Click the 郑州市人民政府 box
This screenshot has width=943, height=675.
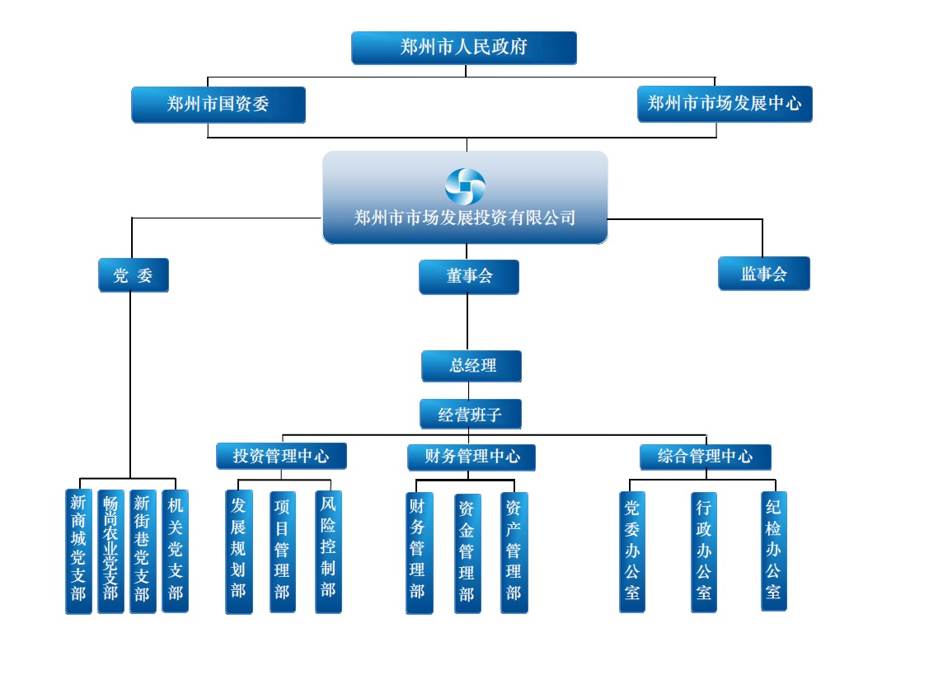[x=463, y=48]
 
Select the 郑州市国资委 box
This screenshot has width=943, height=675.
[x=218, y=105]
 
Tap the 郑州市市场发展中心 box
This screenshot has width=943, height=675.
[x=725, y=104]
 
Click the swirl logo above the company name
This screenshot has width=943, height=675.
[x=465, y=186]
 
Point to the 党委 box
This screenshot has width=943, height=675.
[x=134, y=275]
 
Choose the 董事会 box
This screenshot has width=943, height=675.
[x=469, y=277]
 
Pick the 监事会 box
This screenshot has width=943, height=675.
[x=763, y=274]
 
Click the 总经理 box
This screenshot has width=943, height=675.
[x=471, y=366]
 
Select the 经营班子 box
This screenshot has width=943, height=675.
[x=471, y=414]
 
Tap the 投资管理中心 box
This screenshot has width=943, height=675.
[x=281, y=456]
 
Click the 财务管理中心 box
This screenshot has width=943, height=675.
[x=471, y=457]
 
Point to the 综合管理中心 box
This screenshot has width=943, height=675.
[x=705, y=457]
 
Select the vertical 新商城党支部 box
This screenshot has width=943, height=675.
[x=79, y=551]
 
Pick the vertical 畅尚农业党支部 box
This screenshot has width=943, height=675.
[x=110, y=551]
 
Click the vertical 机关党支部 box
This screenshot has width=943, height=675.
[x=175, y=551]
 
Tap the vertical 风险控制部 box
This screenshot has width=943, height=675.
[x=328, y=551]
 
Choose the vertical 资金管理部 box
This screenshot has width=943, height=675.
[x=467, y=553]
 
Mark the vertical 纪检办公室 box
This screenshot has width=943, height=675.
[x=773, y=551]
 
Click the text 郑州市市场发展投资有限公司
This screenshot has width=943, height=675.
[x=465, y=218]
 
